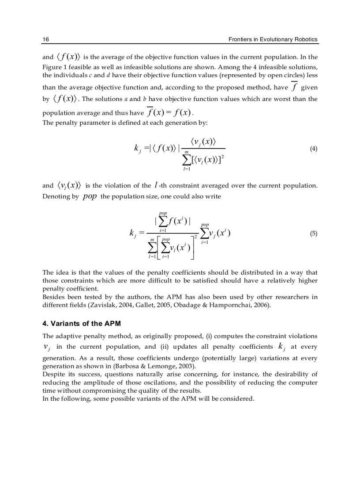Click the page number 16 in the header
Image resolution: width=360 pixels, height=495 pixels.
(x=45, y=39)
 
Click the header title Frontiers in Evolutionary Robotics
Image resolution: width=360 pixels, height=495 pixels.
(x=273, y=39)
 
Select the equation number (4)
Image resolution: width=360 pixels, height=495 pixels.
(x=313, y=149)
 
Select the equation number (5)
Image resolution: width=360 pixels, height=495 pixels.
(x=313, y=234)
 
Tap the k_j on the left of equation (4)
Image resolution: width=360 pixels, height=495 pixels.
(x=137, y=149)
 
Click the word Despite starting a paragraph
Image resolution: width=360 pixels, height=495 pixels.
(x=53, y=374)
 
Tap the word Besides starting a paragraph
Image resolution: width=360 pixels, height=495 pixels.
(x=53, y=297)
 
